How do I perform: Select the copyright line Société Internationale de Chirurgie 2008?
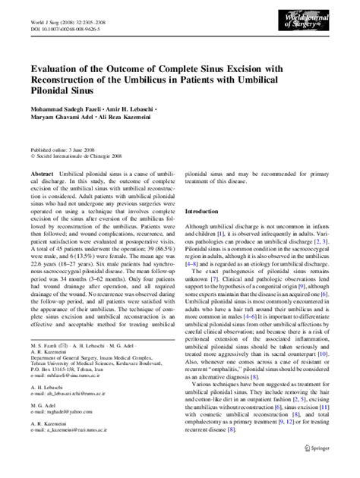(78, 158)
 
